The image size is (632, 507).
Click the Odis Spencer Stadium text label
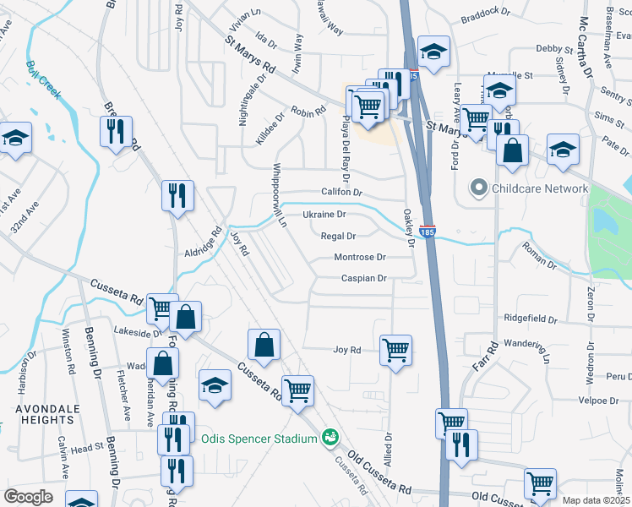(x=259, y=438)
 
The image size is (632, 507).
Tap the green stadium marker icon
(x=330, y=438)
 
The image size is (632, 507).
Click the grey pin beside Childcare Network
(x=480, y=188)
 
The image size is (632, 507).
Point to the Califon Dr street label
(x=341, y=193)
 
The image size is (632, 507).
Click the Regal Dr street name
(x=338, y=237)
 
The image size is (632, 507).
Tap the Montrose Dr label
(x=360, y=257)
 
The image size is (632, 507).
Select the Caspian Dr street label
(x=363, y=278)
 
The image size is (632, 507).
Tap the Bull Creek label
(x=43, y=80)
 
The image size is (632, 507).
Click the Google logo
(x=29, y=497)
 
